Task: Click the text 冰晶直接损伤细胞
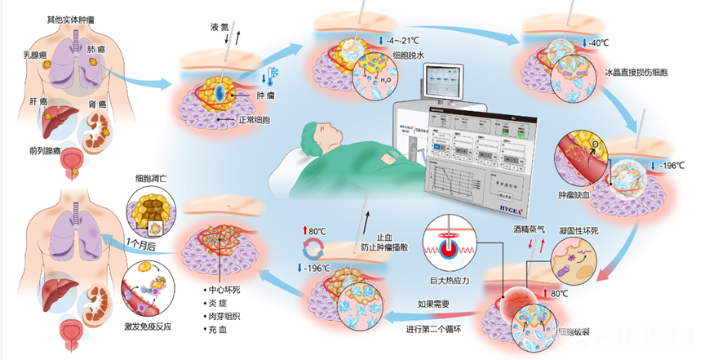pos(636,73)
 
